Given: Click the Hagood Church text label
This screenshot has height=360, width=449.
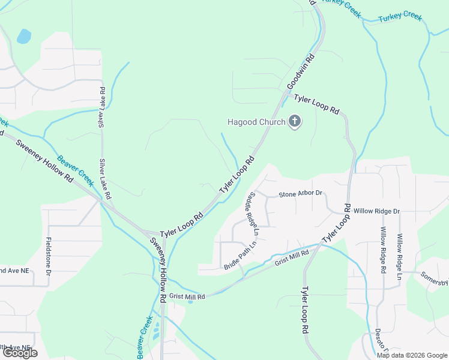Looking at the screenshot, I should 256,122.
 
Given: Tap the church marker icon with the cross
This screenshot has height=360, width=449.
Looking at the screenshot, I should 294,122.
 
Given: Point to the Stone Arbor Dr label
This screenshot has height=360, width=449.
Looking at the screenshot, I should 301,194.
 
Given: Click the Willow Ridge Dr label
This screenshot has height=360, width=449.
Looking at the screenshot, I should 376,211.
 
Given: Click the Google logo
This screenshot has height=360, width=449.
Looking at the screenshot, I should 19,353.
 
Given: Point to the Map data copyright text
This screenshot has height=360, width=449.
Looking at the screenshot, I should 411,355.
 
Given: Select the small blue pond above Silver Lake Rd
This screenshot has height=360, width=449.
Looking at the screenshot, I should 23,37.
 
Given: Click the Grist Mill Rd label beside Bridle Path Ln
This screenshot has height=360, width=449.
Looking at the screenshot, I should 291,258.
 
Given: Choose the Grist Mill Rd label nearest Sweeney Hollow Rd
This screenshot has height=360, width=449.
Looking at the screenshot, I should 187,296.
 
